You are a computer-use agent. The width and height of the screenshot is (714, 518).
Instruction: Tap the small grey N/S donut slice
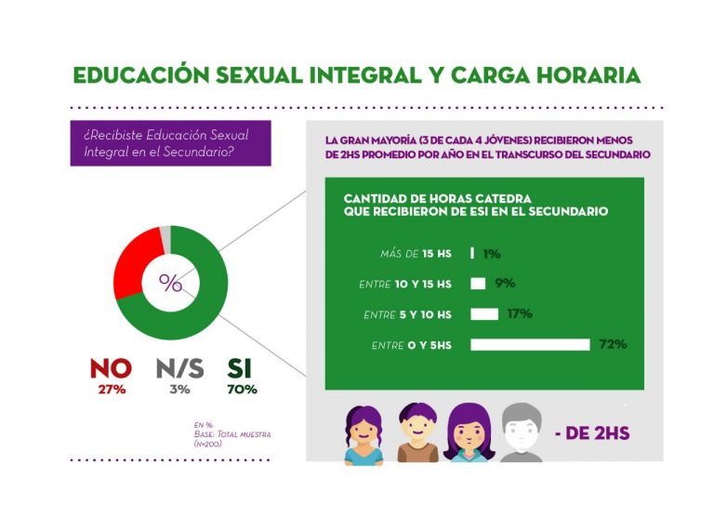(165, 232)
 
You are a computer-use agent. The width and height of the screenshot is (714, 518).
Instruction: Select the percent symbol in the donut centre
(170, 283)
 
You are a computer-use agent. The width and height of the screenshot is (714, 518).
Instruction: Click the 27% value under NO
(111, 389)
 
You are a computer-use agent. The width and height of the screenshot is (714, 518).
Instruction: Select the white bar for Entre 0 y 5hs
(530, 345)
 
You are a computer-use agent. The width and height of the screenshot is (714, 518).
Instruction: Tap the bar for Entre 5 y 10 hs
(484, 314)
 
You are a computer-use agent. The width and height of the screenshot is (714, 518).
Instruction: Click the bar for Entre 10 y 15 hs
(478, 284)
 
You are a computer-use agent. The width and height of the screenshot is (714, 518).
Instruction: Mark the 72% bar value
(613, 344)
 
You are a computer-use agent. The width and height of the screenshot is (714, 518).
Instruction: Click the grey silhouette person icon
(521, 432)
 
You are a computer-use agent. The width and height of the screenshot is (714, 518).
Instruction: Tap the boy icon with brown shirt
(417, 432)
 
